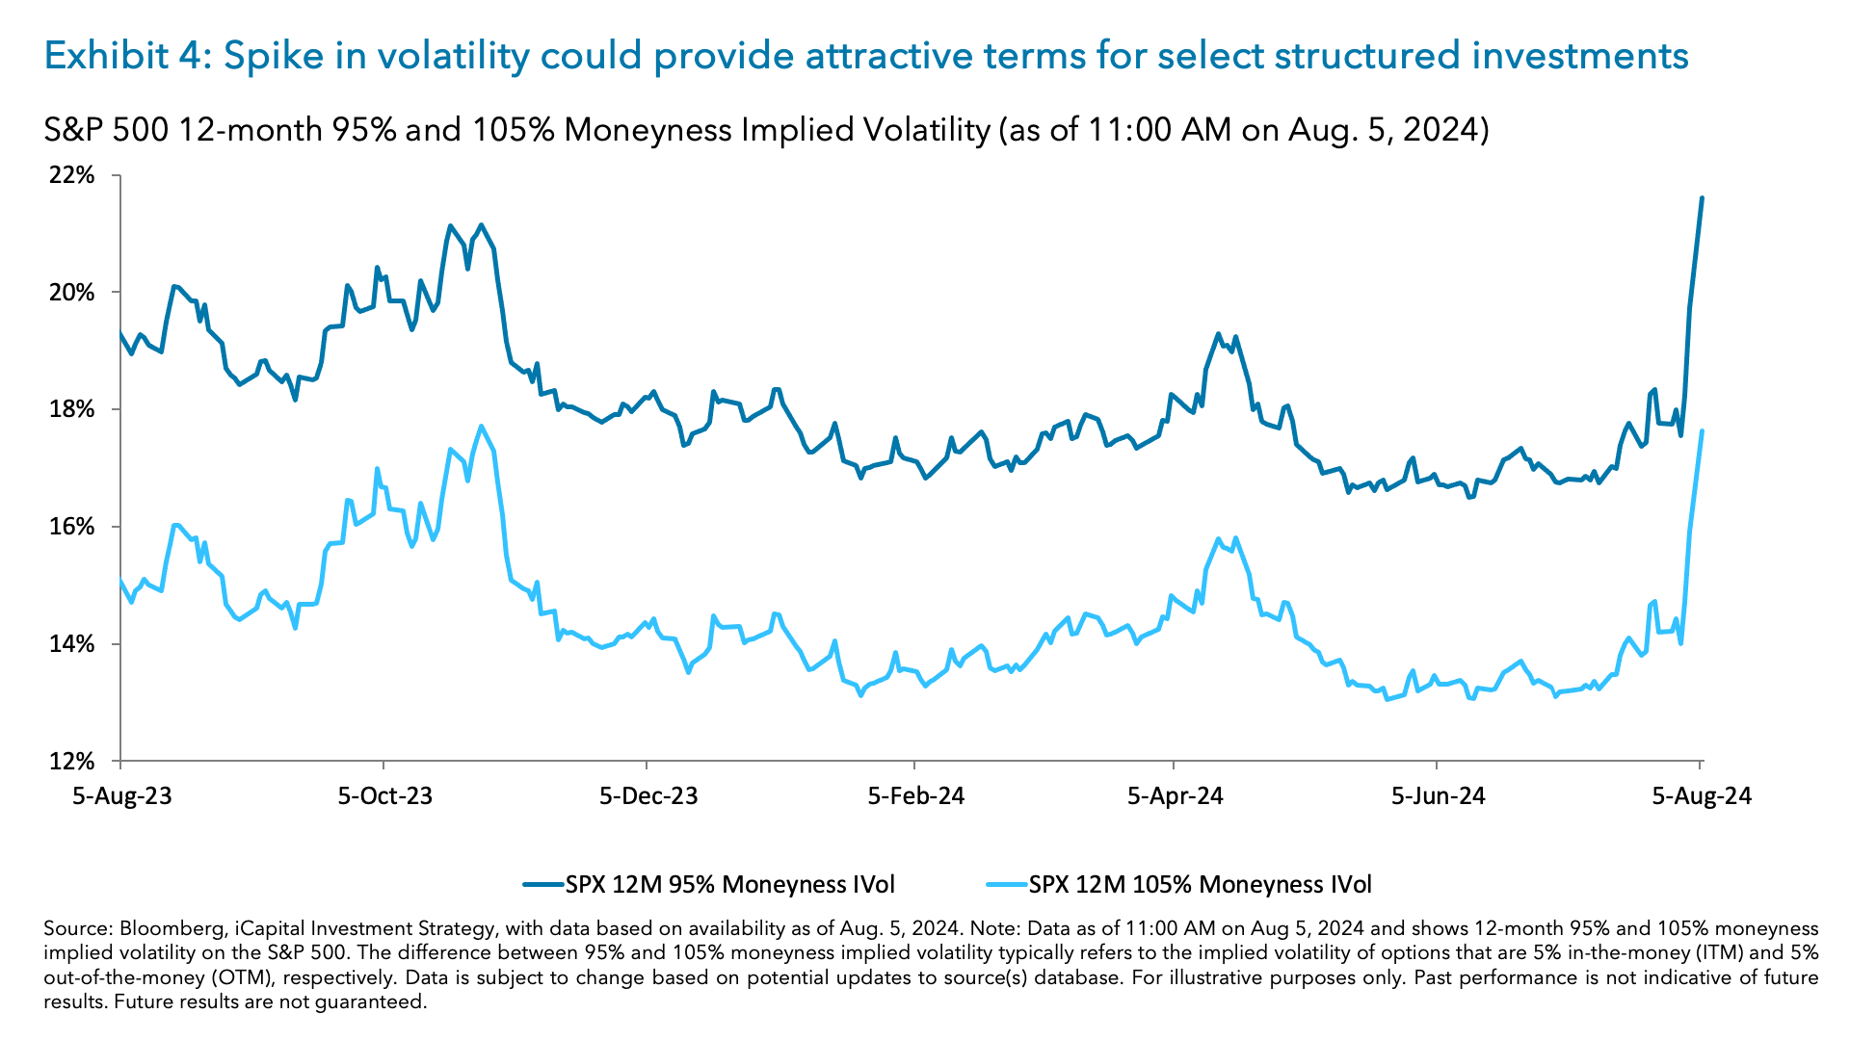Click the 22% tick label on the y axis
coord(72,175)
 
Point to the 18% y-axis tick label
coord(72,409)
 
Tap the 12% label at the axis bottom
coord(72,762)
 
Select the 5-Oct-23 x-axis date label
coord(384,796)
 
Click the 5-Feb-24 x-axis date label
coord(915,796)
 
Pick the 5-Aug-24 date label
coord(1702,796)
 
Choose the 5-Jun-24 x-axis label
coord(1439,796)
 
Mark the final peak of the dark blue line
coord(1702,198)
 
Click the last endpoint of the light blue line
coord(1702,431)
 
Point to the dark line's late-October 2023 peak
coord(481,225)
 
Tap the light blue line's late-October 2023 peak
coord(481,427)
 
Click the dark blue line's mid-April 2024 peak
coord(1218,334)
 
